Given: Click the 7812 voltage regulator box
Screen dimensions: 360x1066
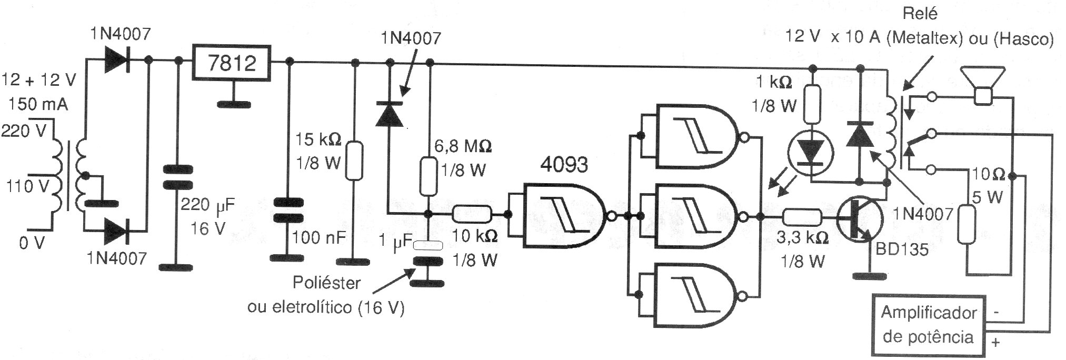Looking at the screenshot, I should [x=232, y=63].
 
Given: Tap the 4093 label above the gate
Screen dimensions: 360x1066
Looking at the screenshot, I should [x=564, y=165].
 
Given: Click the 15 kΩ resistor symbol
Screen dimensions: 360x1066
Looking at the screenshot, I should [x=355, y=160].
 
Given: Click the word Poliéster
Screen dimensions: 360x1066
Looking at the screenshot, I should [x=326, y=283].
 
